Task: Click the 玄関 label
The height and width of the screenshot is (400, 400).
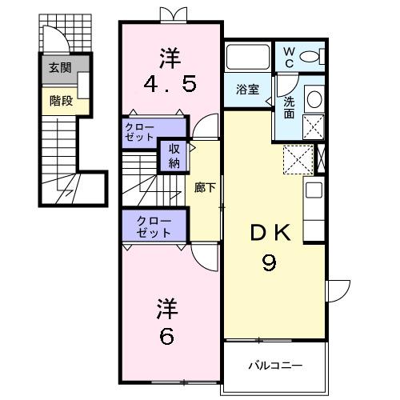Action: (x=59, y=68)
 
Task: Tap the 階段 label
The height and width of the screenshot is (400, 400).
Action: (x=59, y=101)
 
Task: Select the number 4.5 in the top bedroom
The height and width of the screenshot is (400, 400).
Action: (x=170, y=85)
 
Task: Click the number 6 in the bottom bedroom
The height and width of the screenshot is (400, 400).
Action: (x=166, y=337)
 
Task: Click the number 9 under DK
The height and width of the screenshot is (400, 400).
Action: (x=270, y=263)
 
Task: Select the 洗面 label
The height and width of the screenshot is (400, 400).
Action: (x=289, y=107)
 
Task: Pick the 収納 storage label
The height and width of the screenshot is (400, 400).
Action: (x=174, y=156)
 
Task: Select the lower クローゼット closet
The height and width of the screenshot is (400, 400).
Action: (x=153, y=226)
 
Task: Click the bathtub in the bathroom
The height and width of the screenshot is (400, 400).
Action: (x=249, y=58)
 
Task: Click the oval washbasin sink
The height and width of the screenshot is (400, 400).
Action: (x=314, y=98)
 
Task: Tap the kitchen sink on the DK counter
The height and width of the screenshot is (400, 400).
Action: (x=314, y=191)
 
